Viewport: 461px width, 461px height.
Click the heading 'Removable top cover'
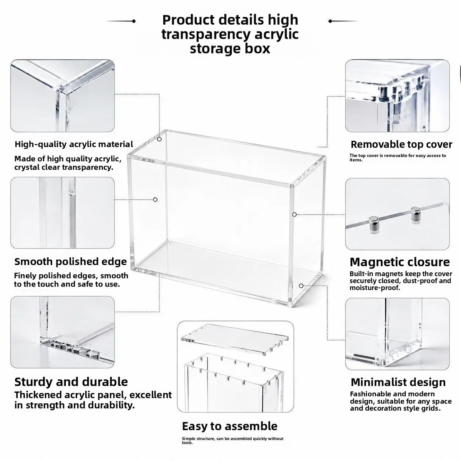point(401,144)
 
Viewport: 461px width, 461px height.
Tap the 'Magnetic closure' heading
point(400,262)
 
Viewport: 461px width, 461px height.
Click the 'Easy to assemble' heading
point(230,426)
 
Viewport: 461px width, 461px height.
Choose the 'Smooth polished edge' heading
point(71,262)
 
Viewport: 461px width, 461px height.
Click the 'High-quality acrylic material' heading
point(74,144)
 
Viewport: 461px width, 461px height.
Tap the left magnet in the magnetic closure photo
point(373,224)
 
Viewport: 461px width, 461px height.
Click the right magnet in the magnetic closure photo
point(416,215)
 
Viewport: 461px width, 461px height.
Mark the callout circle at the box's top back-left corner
point(159,139)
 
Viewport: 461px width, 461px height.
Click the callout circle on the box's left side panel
point(155,199)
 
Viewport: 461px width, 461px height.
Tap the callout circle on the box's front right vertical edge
point(295,214)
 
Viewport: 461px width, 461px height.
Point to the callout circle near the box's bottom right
point(301,286)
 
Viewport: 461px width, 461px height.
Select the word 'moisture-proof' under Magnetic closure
point(375,288)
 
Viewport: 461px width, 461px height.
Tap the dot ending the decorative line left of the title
point(134,21)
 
